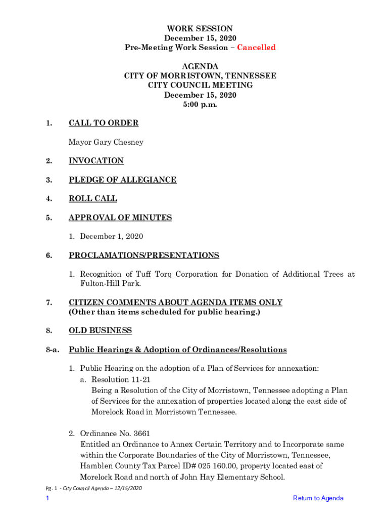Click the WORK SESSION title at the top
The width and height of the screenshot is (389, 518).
click(200, 29)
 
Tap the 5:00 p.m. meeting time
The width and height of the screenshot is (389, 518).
click(200, 105)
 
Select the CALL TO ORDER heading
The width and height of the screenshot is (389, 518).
click(104, 123)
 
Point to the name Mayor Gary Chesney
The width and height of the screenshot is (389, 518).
click(106, 142)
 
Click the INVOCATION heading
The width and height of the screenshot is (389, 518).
click(96, 161)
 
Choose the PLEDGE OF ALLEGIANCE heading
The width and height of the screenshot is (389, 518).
click(123, 180)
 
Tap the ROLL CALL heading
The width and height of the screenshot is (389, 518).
click(93, 199)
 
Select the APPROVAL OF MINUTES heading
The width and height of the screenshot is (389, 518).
click(120, 218)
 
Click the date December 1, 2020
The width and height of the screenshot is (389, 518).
click(112, 236)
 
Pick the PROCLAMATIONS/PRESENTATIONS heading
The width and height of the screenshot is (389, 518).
click(144, 255)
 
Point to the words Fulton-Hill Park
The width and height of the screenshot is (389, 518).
click(108, 284)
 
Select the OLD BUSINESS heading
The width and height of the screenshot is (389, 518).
click(100, 331)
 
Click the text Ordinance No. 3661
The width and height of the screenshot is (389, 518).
click(115, 434)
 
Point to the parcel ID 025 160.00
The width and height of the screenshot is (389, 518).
click(199, 466)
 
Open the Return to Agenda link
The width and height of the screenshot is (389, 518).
click(318, 498)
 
